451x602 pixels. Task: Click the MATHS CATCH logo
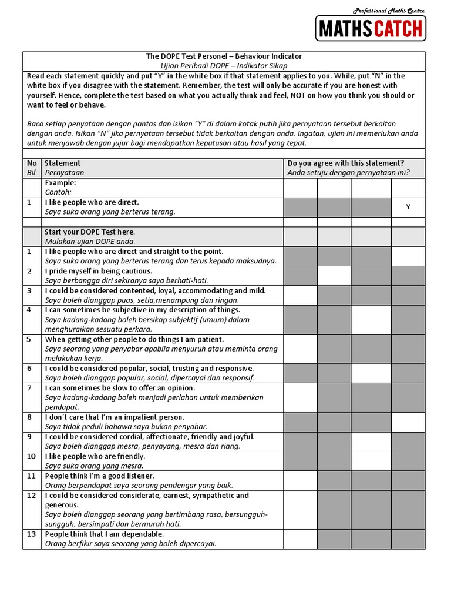pos(371,28)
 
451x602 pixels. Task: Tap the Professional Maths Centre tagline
pos(388,11)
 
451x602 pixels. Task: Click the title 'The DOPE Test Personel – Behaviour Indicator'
pos(224,56)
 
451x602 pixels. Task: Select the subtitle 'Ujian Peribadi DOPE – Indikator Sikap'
pos(224,66)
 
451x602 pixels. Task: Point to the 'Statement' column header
pos(63,163)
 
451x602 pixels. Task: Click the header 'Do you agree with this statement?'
pos(346,163)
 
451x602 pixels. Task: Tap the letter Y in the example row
pos(408,207)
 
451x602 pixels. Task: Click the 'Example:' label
pos(60,183)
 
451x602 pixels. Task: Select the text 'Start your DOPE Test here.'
pos(90,232)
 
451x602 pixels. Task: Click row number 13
pos(32,534)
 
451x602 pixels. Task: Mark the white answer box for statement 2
pos(334,276)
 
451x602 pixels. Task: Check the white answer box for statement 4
pos(371,319)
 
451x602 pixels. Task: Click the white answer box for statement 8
pos(408,422)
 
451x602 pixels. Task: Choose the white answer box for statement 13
pos(300,539)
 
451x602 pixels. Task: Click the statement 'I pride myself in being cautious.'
pos(99,271)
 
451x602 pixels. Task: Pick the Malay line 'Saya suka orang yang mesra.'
pos(95,466)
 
